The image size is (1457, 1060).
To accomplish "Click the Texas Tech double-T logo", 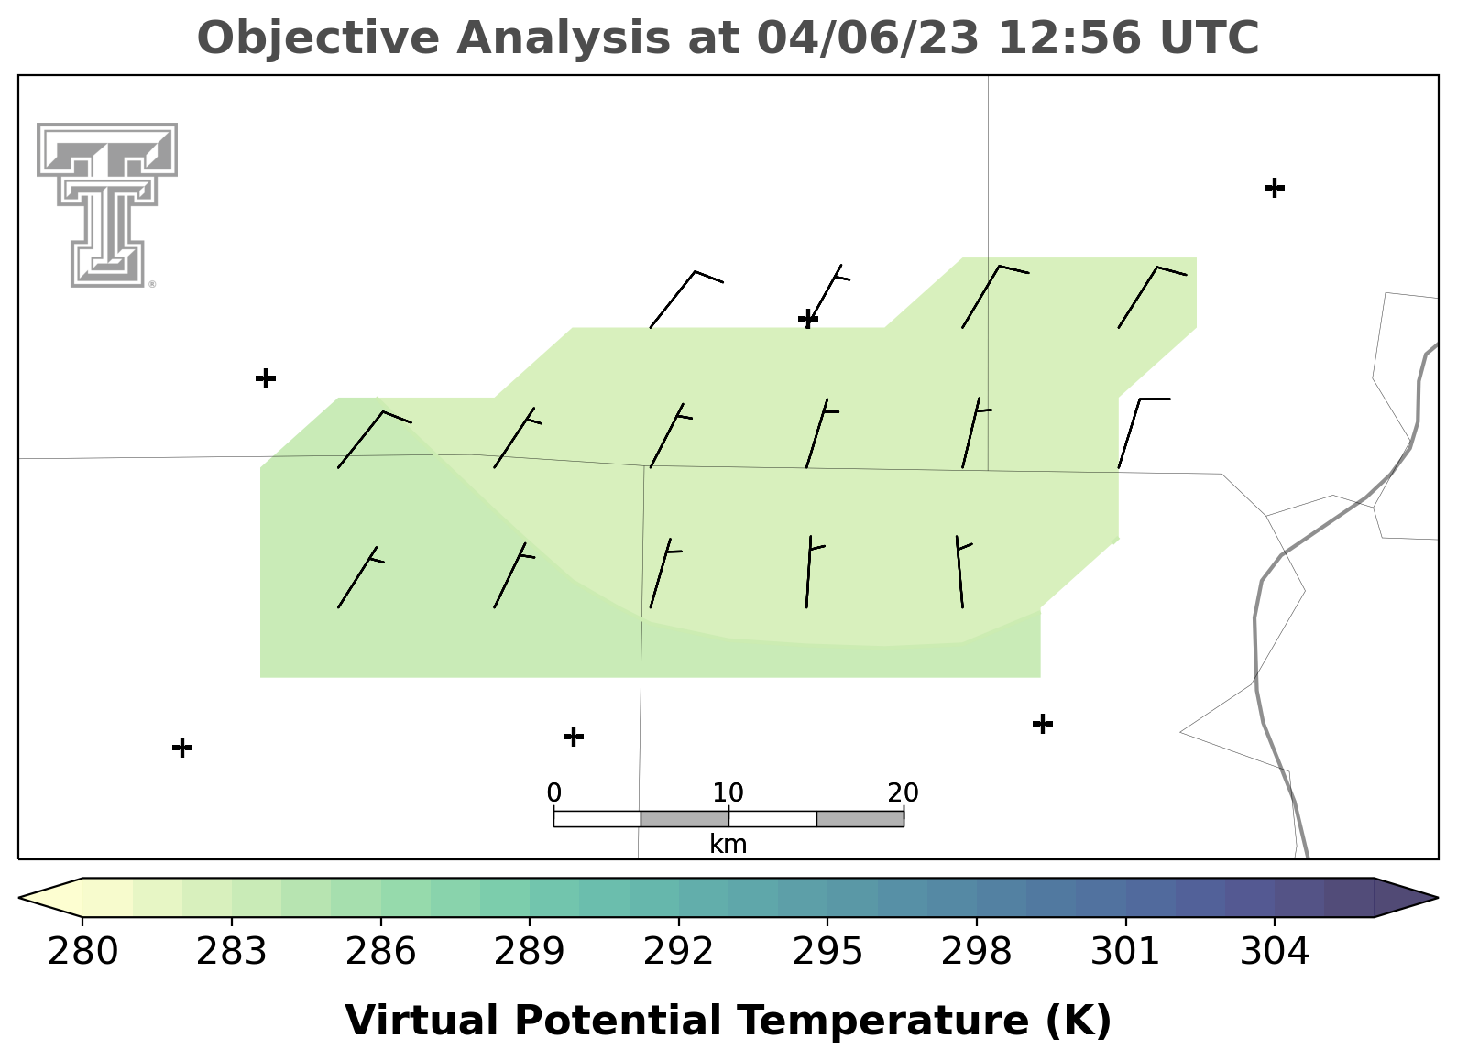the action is (x=107, y=205).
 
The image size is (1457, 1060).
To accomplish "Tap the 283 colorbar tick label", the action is (x=232, y=952).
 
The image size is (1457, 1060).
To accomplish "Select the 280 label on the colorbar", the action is (x=82, y=952).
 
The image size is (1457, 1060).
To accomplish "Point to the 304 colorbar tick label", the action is (x=1275, y=952).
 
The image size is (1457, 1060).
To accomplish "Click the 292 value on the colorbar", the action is (x=678, y=952).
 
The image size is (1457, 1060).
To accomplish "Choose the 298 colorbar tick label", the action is (x=976, y=952).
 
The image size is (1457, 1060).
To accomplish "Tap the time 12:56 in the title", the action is (x=1069, y=38).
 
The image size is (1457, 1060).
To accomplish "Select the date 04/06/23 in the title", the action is (x=868, y=38).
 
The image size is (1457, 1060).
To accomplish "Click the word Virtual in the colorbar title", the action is (x=422, y=1021).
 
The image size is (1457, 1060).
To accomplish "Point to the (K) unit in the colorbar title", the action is (x=1079, y=1021).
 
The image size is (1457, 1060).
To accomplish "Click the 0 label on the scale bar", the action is (x=553, y=792).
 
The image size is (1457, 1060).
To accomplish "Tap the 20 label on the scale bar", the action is (x=903, y=792).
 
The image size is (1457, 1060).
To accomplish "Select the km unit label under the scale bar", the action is (x=728, y=844).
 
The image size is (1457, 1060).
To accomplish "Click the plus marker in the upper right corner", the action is (x=1275, y=188).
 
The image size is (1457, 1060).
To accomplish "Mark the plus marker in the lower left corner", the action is (x=182, y=748).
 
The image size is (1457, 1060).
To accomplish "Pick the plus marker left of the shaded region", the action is (x=266, y=378).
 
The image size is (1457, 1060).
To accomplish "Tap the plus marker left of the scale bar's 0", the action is (x=573, y=737).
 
